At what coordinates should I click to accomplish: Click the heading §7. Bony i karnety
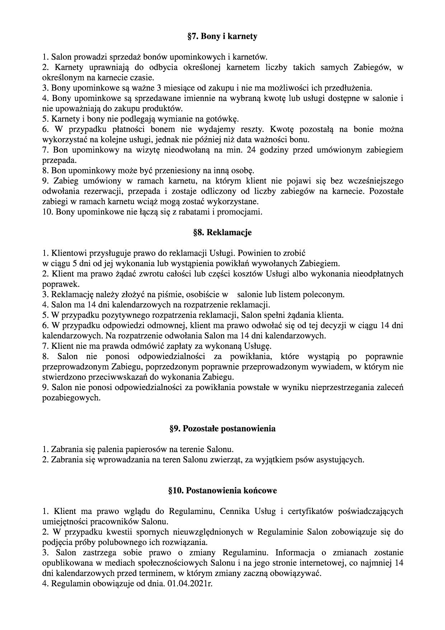point(222,36)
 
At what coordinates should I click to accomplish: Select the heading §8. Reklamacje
point(222,232)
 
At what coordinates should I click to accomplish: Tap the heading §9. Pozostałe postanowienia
point(222,429)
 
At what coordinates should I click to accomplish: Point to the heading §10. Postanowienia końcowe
point(222,490)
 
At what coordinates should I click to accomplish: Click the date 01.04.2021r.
point(190,584)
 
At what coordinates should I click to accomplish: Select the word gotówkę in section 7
point(224,119)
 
